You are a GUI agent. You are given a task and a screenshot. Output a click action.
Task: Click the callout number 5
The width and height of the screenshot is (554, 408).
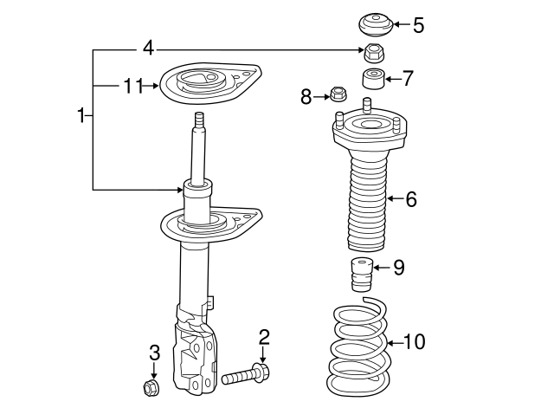(418, 24)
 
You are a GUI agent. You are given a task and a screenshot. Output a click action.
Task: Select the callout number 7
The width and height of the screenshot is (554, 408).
(407, 79)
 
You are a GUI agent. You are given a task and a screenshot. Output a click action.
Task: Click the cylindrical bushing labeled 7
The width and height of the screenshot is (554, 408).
(373, 79)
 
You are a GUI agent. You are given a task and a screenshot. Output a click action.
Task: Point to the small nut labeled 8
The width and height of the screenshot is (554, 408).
(338, 93)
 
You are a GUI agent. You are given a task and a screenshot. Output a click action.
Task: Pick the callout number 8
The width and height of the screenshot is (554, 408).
(306, 95)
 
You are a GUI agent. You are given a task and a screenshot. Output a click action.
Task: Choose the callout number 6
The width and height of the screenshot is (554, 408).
(410, 199)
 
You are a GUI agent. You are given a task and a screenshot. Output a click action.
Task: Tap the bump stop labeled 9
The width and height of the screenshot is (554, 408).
(361, 273)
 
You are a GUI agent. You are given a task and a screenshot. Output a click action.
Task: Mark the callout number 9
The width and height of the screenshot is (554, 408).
(398, 267)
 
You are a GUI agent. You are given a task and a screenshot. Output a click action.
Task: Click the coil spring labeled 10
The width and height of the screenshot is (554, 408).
(358, 346)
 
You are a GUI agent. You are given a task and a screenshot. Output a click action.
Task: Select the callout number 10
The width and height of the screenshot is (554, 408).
(414, 341)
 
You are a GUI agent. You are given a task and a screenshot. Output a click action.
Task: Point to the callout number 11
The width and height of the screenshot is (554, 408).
(132, 85)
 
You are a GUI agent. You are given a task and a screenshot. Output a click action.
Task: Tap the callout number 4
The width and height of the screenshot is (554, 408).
(148, 48)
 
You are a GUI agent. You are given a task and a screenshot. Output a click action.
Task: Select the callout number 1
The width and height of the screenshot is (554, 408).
(81, 115)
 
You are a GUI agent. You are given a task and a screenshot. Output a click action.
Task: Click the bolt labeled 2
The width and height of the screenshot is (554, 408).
(247, 376)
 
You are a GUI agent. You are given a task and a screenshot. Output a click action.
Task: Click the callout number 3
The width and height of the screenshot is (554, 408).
(154, 352)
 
